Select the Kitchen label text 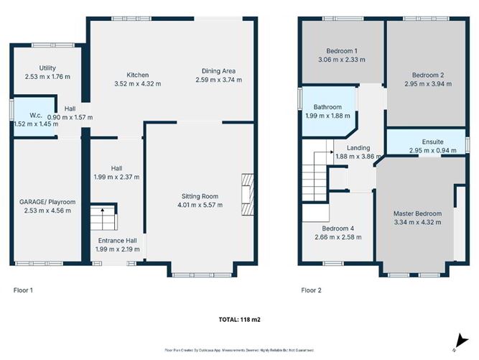point(138,75)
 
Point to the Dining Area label point(218,71)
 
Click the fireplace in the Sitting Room point(247,194)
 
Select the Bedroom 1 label point(342,51)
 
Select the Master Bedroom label point(417,213)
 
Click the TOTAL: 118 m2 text point(239,318)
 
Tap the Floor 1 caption point(24,290)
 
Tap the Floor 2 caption point(311,290)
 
